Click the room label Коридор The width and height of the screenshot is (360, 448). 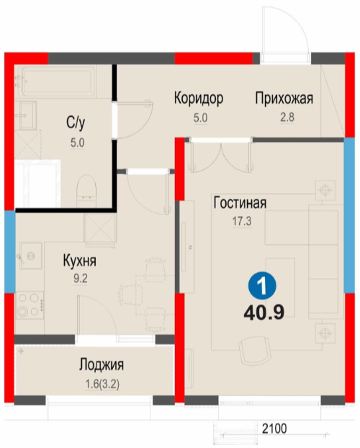pos(199,98)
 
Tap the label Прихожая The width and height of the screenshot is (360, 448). pos(284,98)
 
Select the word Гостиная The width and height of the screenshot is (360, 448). pos(240,202)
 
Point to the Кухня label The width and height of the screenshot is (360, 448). pos(80,261)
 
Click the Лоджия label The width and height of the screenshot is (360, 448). pos(102,364)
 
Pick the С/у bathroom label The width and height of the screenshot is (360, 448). pos(76,123)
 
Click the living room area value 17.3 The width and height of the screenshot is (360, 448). pos(242,221)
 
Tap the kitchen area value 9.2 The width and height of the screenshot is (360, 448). pos(81,279)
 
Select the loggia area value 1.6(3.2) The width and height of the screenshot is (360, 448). pos(102,385)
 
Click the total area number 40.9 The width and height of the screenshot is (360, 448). pos(264,313)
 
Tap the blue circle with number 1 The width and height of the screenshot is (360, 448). pos(262,286)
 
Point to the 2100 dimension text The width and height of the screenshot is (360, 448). pos(274,429)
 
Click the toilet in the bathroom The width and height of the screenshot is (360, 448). pos(86,191)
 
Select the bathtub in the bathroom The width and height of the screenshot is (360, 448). pos(59,81)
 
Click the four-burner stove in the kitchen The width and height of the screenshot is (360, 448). pos(30,305)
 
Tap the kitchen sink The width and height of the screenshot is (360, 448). pos(31,256)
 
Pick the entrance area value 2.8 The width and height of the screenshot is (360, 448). pos(287,117)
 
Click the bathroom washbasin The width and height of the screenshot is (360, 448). pos(27,115)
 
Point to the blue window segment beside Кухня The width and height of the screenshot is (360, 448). pos(9,251)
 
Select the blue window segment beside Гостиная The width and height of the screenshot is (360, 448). pos(349,215)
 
